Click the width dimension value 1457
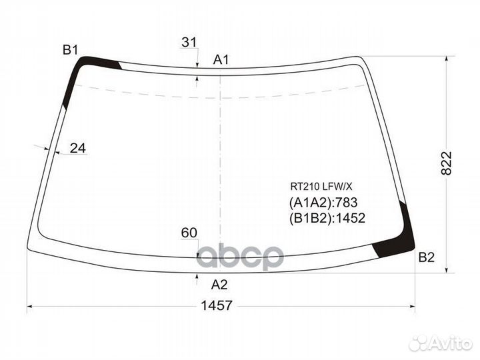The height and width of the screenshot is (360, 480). click(217, 305)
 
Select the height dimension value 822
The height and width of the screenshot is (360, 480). click(446, 163)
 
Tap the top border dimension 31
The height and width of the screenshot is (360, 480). click(189, 42)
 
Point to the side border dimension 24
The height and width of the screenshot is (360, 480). click(78, 148)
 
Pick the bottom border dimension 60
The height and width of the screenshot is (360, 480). click(189, 233)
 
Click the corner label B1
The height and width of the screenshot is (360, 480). click(71, 49)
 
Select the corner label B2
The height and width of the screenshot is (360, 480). click(427, 257)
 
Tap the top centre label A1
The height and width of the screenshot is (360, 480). click(221, 60)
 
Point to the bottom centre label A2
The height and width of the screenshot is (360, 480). click(219, 285)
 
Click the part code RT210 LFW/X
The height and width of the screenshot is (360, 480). click(321, 186)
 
